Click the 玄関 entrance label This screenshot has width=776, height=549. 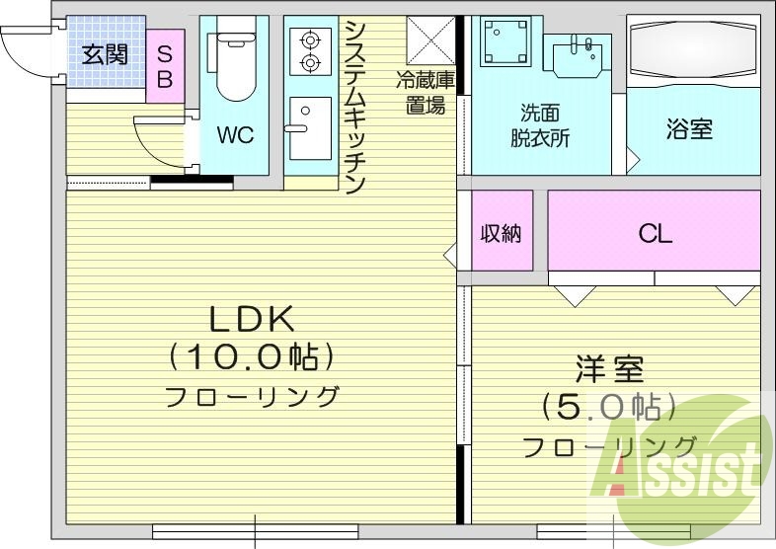[104, 53]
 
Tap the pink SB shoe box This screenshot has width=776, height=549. [165, 65]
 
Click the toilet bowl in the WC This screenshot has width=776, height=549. [234, 68]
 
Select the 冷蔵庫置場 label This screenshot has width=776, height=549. [426, 90]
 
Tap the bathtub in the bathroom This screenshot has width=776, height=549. [692, 50]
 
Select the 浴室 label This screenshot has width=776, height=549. [689, 129]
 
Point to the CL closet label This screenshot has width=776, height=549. [655, 233]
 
